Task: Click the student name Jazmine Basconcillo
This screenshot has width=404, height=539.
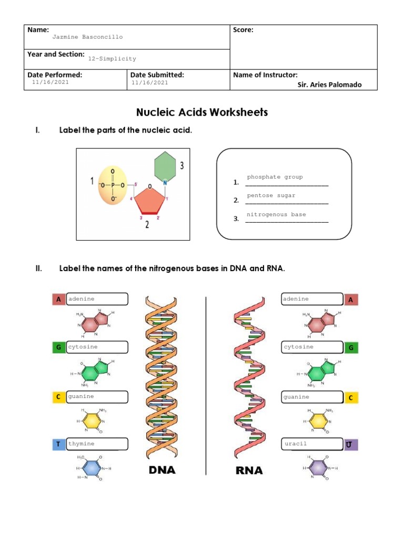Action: click(87, 37)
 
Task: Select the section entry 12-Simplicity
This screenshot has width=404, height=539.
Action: click(112, 59)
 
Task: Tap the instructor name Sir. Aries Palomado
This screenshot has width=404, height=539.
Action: click(329, 85)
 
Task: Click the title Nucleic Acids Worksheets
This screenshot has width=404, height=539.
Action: click(202, 112)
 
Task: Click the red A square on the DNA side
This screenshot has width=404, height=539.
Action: click(58, 300)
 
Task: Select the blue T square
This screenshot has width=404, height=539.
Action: click(58, 444)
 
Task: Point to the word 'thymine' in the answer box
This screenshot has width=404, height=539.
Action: click(82, 444)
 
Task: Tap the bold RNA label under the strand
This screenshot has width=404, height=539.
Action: click(249, 470)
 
